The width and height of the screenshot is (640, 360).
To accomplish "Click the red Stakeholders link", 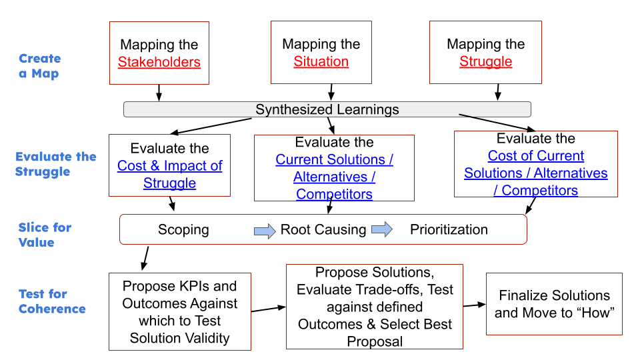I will [x=159, y=62].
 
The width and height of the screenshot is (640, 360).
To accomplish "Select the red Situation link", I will [x=321, y=61].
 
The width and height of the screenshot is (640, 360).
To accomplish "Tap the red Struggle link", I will [x=486, y=61].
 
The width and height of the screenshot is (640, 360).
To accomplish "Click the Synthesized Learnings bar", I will [x=327, y=109].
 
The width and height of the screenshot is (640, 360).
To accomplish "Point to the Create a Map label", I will [x=39, y=66].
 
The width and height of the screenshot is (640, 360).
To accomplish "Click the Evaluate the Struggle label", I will [x=56, y=164].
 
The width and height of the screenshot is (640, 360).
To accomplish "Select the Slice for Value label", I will [x=45, y=235].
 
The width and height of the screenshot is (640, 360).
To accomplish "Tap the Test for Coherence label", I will [x=52, y=301].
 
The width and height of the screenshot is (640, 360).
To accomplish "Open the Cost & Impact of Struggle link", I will [x=170, y=174].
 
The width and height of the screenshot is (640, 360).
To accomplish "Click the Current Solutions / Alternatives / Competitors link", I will [x=335, y=177].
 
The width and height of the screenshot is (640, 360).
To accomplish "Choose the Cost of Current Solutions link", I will [x=536, y=173].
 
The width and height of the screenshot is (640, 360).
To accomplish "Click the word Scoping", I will [x=183, y=230].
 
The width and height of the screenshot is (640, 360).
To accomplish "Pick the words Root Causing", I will [x=323, y=230].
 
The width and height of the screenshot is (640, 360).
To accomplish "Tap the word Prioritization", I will [x=449, y=230].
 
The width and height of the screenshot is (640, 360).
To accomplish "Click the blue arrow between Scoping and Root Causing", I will [x=265, y=231].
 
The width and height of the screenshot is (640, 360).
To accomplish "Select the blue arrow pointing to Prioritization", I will [x=382, y=230].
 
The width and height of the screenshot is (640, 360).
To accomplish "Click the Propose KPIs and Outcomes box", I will [x=180, y=311].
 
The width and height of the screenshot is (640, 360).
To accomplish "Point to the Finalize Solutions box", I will [x=554, y=303].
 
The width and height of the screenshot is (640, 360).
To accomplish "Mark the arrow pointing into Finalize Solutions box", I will [x=474, y=305].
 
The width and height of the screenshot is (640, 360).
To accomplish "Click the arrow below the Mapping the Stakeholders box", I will [x=159, y=92].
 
